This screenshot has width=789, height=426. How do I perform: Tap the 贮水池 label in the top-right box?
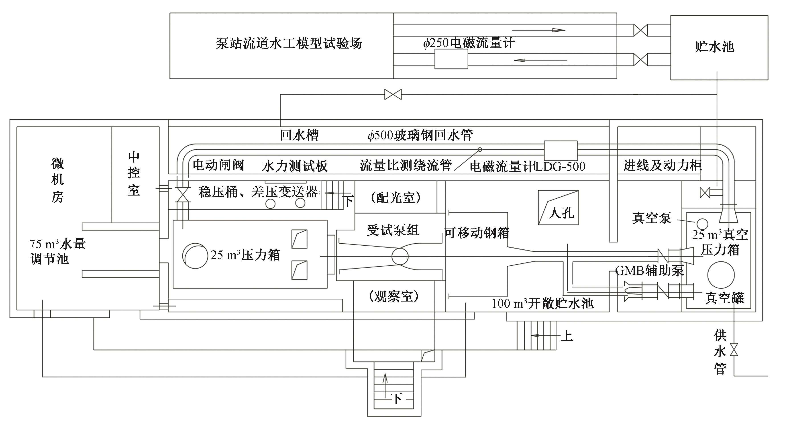(715, 47)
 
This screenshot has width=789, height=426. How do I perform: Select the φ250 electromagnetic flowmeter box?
(451, 59)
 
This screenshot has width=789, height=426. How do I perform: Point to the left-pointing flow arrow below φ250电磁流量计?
(541, 60)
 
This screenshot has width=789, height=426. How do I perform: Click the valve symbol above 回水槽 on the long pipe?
(393, 94)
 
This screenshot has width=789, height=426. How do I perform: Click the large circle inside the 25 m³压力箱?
(195, 256)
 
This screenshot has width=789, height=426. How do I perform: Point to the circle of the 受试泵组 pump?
(400, 256)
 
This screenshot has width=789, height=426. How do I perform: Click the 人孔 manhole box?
(558, 208)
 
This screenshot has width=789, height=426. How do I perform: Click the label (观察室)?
(394, 296)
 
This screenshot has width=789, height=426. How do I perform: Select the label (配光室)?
(396, 198)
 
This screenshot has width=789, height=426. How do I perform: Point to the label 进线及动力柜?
(662, 166)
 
